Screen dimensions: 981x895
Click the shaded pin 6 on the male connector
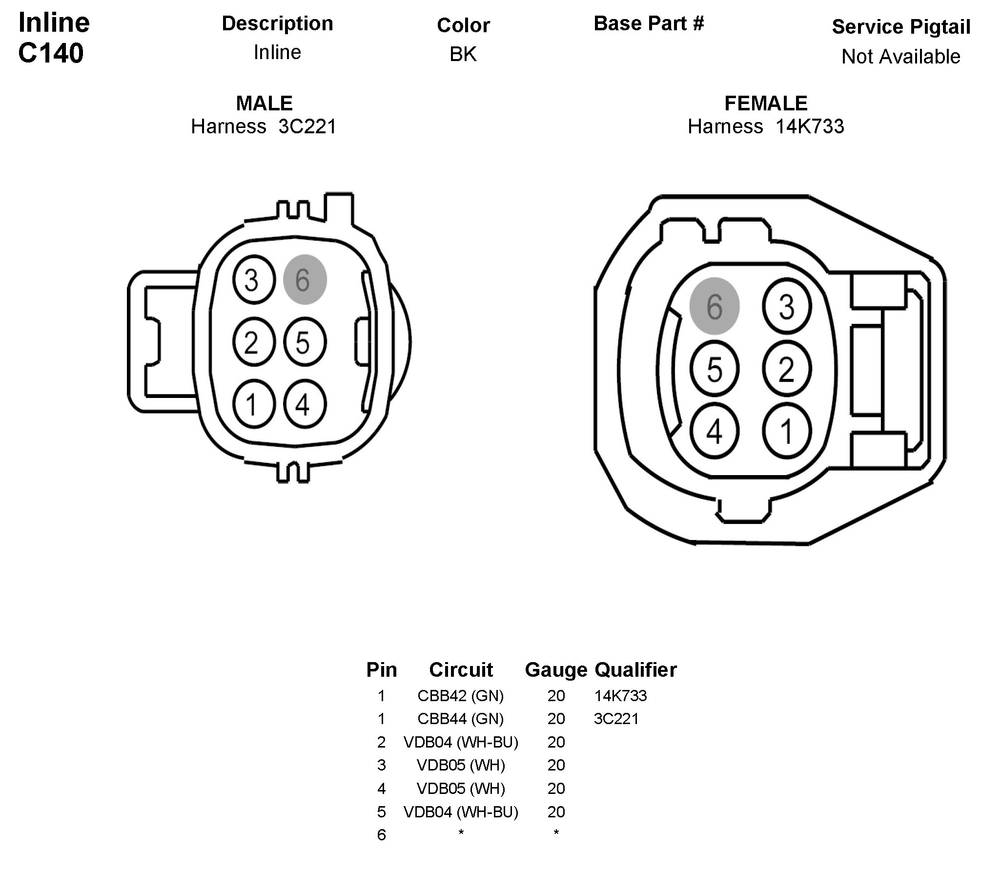tap(305, 280)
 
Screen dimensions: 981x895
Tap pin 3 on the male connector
tap(254, 280)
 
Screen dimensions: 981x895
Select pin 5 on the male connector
tap(305, 342)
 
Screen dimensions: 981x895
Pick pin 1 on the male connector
tap(254, 404)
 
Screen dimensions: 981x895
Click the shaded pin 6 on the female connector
tap(715, 306)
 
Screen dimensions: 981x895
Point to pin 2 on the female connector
tap(787, 369)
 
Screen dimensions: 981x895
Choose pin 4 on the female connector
tap(715, 431)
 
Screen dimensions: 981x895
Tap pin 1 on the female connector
tap(787, 431)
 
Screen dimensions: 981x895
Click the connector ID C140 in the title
tap(51, 53)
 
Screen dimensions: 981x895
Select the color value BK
tap(463, 54)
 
